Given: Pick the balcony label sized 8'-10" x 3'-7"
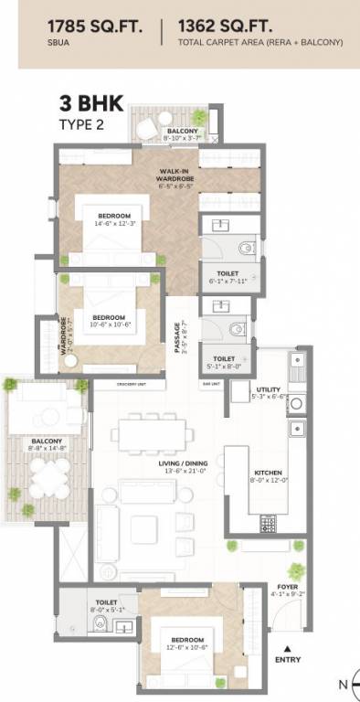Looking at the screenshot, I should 182,132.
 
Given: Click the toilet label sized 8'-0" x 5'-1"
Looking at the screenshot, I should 105,604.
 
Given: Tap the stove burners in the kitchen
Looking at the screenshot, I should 269,523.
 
